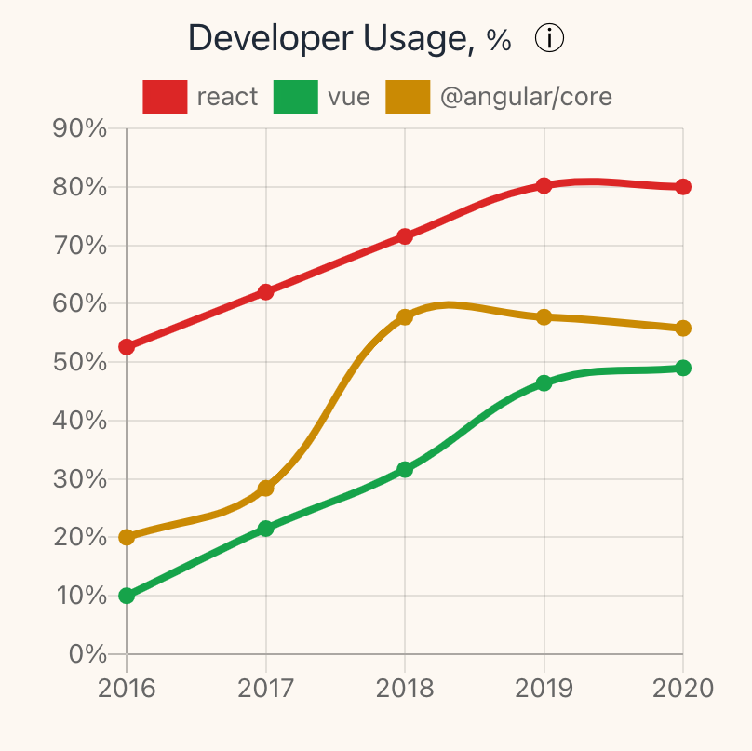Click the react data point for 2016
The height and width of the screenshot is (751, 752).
point(127,347)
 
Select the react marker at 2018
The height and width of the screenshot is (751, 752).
point(405,236)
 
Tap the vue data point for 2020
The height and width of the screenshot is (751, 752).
point(683,368)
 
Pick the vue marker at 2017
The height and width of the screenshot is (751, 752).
point(266,529)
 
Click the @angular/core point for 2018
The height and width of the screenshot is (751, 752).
point(405,317)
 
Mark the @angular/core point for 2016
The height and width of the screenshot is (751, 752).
point(127,537)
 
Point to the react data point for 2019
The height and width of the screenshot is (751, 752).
point(544,185)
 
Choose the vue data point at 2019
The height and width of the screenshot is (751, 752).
point(544,382)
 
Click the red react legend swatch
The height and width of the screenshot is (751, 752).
point(166,97)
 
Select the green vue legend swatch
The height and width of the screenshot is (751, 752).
point(296,97)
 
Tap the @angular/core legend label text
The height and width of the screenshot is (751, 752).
point(525,97)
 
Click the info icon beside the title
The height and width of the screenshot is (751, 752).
point(551,39)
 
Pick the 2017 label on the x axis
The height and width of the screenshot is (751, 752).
point(266,689)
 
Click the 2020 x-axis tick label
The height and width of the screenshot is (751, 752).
point(683,689)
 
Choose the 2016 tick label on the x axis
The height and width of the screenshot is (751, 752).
point(127,689)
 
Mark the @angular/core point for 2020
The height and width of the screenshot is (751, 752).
point(683,328)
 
